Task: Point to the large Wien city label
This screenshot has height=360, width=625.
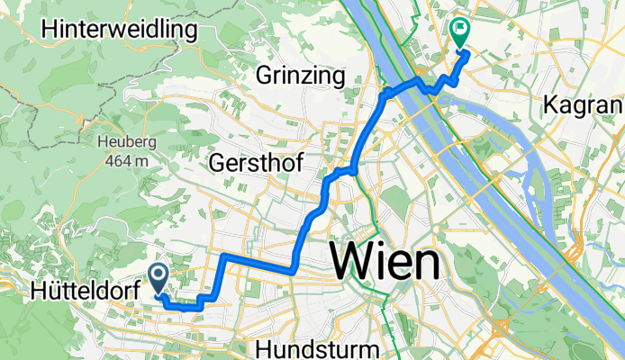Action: click(386, 263)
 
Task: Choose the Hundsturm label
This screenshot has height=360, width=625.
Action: click(312, 348)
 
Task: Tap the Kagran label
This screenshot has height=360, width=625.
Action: click(584, 105)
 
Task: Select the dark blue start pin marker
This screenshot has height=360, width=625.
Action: click(159, 276)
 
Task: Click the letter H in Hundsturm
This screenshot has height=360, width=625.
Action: click(264, 348)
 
